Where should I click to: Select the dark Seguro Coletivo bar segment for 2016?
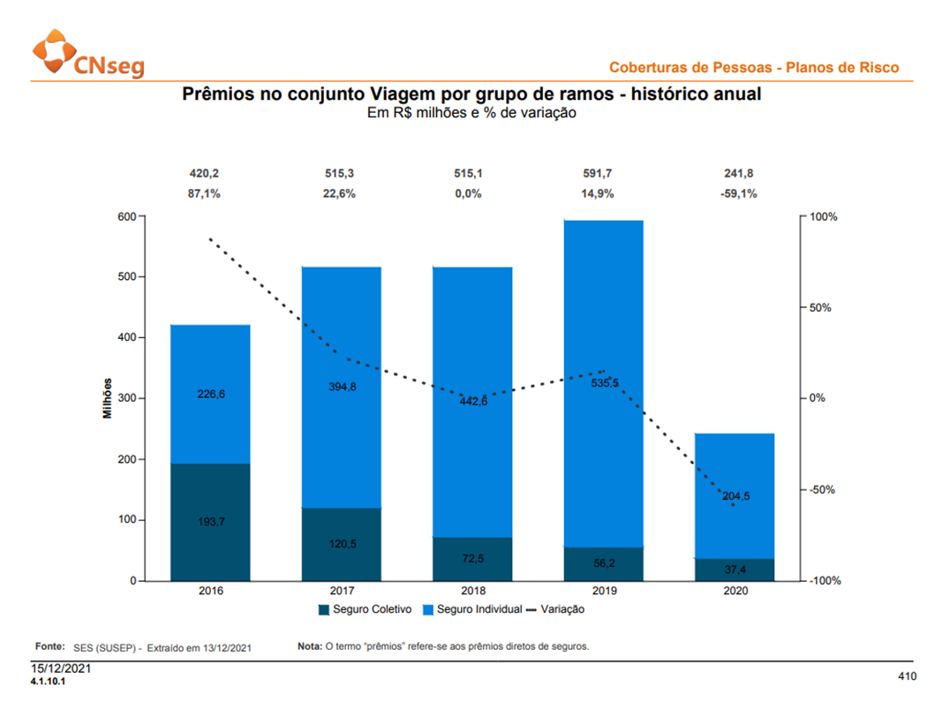[x=210, y=522]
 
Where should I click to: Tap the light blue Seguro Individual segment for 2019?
[x=604, y=384]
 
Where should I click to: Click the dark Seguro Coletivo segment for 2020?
[x=735, y=569]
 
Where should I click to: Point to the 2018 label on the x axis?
[x=473, y=591]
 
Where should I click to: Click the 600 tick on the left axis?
[x=127, y=216]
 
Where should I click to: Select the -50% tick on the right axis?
[x=822, y=490]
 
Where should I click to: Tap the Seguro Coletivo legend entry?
[x=365, y=609]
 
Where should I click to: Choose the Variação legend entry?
[x=555, y=609]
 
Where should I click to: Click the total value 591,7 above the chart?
[x=597, y=173]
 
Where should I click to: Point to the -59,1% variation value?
[x=738, y=193]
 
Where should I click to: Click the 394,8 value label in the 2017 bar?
[x=343, y=387]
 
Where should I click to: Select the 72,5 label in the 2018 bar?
[x=473, y=558]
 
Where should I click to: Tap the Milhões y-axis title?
[x=107, y=398]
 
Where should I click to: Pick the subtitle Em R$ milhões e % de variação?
[x=471, y=112]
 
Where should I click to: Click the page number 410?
[x=907, y=675]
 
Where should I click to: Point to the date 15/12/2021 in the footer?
[x=61, y=668]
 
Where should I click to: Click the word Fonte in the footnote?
[x=49, y=646]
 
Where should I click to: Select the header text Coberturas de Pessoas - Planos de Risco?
[x=754, y=67]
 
